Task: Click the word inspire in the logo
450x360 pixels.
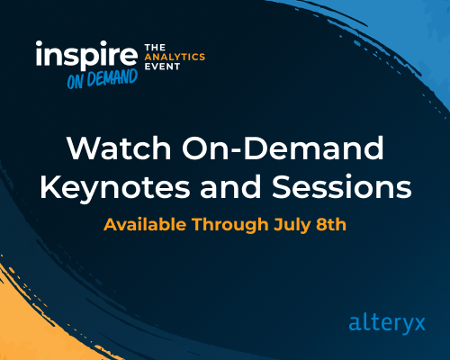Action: [x=85, y=57]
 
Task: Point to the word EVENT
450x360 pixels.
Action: [x=163, y=67]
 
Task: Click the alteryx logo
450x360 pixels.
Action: [x=385, y=322]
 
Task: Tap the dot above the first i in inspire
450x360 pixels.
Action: [x=40, y=45]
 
